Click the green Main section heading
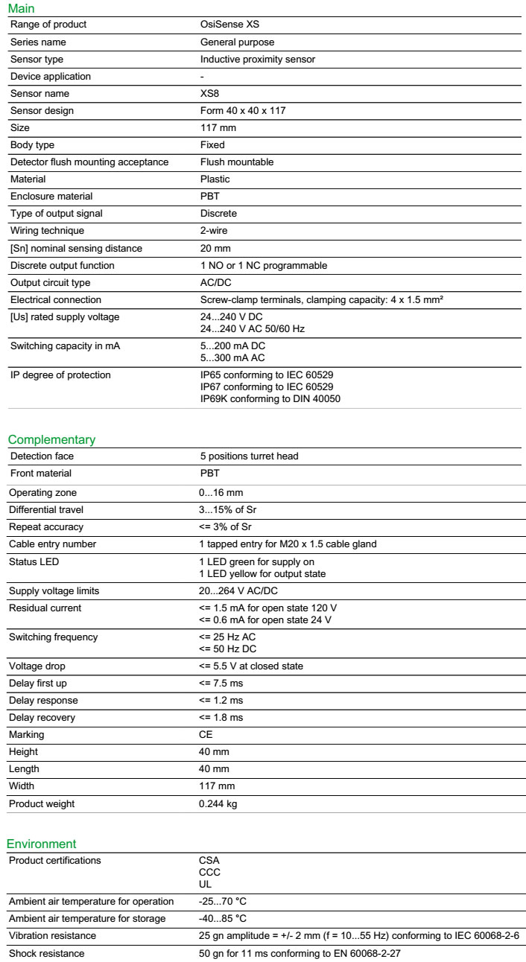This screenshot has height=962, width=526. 21,8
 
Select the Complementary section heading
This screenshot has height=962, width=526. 51,439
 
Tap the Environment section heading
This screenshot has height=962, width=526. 42,844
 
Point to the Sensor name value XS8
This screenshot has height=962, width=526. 210,94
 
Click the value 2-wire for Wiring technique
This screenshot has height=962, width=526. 215,231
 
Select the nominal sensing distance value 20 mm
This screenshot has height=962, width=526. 216,248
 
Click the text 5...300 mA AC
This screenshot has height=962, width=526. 234,357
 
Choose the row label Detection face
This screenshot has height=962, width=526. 42,456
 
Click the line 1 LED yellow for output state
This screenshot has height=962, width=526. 262,573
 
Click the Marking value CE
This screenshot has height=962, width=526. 206,735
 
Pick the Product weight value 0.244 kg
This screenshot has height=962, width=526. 218,804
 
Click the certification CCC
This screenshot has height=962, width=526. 209,872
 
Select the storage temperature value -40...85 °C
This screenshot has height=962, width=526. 222,919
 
